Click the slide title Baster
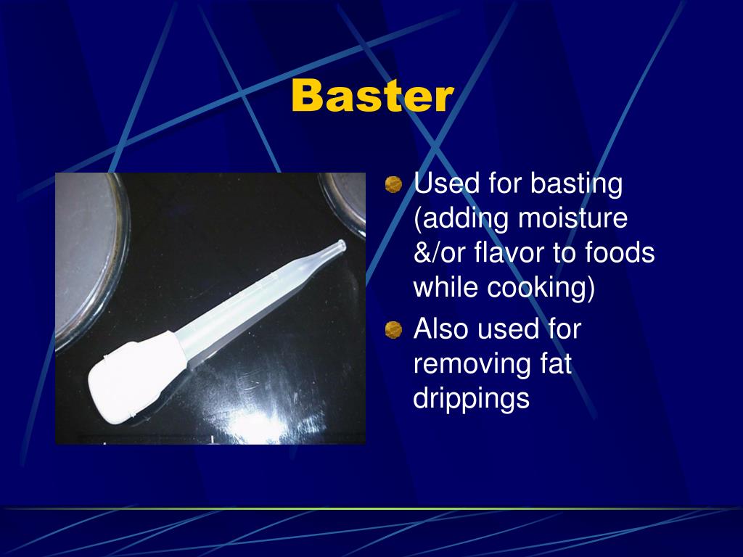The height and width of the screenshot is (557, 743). (372, 96)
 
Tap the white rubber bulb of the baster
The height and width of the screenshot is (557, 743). (134, 373)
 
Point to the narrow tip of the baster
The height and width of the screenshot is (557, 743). (335, 248)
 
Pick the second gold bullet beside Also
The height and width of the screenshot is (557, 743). (393, 331)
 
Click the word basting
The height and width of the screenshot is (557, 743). (576, 184)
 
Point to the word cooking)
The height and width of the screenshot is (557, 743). (541, 288)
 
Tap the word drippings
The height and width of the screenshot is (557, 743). (472, 399)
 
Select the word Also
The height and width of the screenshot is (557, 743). (441, 329)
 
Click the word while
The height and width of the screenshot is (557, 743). (446, 288)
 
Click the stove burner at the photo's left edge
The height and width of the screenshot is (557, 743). (87, 261)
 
